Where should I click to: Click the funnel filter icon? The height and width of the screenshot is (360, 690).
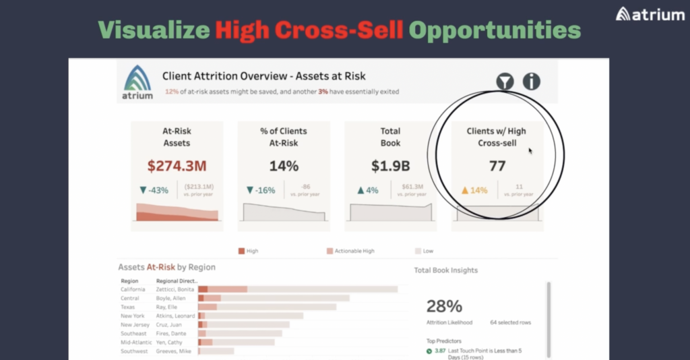coord(505,82)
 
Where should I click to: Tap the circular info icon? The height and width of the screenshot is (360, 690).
coord(532,82)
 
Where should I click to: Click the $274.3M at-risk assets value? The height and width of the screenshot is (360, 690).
coord(177,166)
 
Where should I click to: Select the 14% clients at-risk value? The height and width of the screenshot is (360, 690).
coord(284,166)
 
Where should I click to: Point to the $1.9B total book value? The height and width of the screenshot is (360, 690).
coord(390,166)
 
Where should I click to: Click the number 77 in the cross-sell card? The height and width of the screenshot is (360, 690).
coord(497,166)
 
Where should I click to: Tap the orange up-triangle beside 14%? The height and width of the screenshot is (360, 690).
coord(464,191)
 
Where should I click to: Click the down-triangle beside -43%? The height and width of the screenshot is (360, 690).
coord(144,191)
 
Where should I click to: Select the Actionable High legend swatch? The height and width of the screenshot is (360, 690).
coord(330,251)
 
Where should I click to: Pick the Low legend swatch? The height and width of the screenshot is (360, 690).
coord(418,251)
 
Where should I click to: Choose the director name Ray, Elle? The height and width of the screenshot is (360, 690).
coord(168,307)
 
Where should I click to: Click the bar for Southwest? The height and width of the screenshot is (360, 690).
coord(216,351)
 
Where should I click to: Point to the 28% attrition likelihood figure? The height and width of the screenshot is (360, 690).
coord(444,306)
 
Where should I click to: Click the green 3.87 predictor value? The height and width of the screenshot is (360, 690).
coord(439,351)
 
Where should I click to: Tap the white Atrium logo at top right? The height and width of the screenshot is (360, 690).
coord(650,14)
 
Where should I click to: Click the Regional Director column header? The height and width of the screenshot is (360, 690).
coord(177,280)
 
